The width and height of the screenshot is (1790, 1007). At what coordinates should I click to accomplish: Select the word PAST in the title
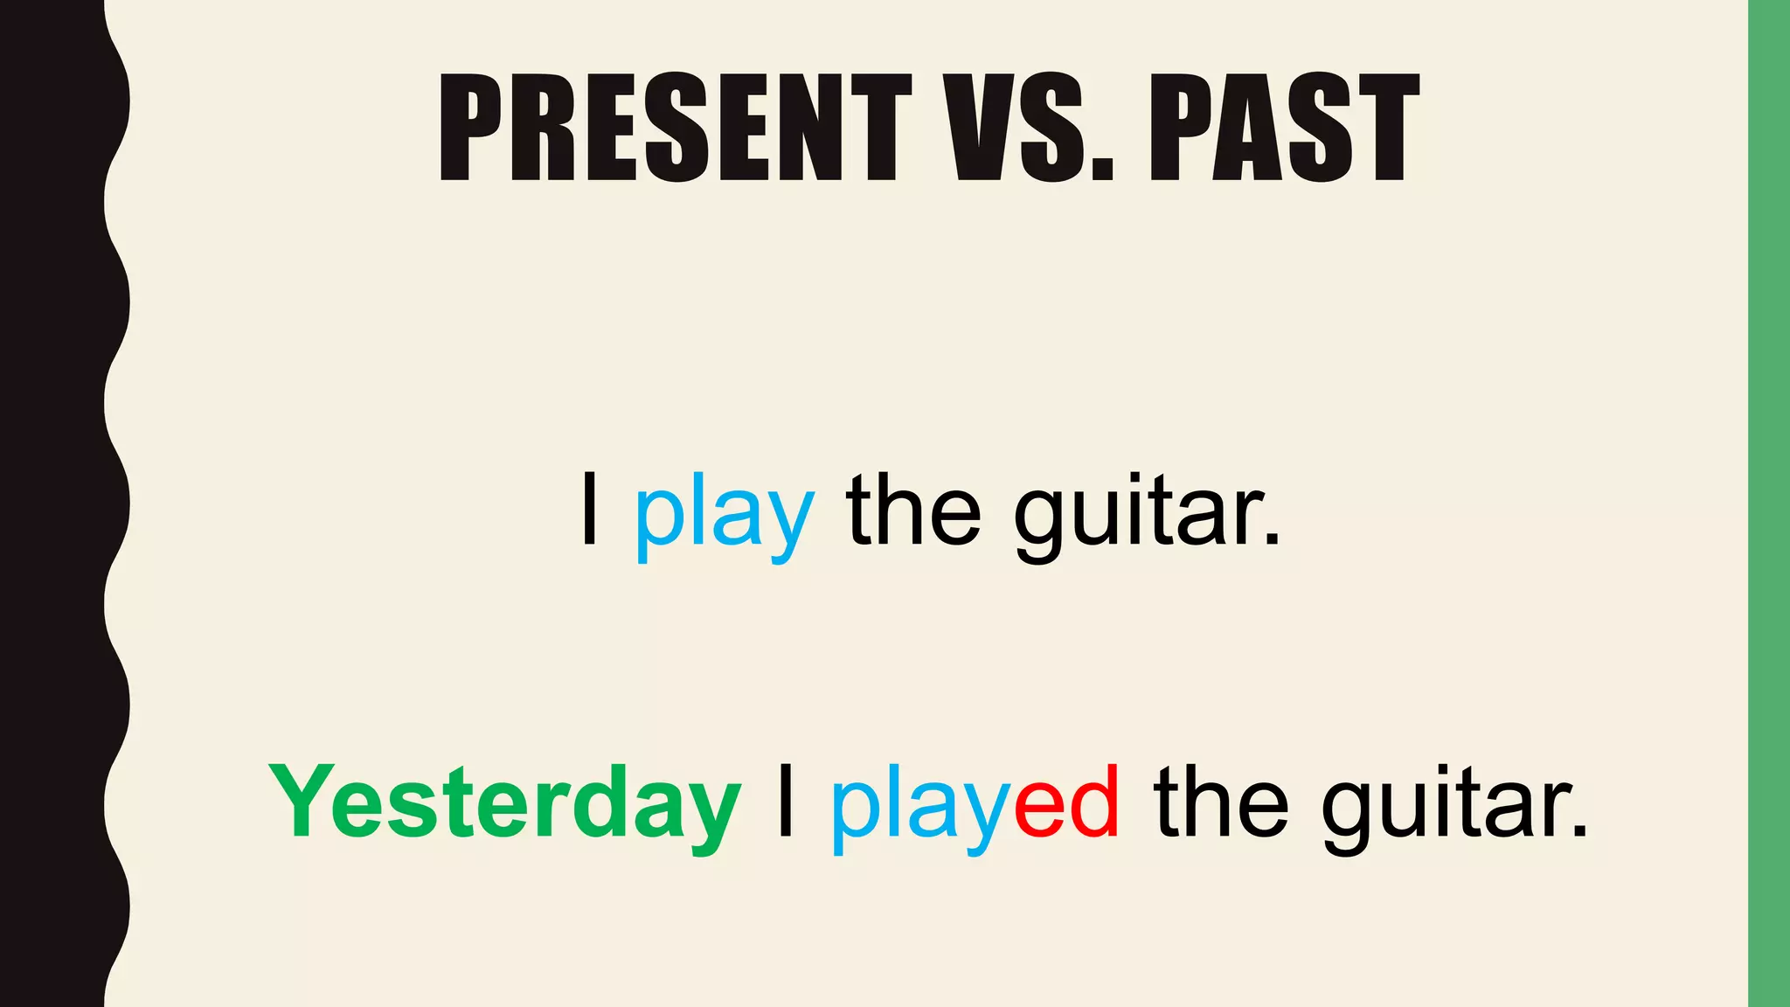point(1284,128)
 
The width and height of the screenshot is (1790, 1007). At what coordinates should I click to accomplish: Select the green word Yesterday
point(505,802)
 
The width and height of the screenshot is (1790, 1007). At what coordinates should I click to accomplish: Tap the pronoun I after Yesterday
point(785,801)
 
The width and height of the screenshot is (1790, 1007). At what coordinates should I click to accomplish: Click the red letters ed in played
point(1067,801)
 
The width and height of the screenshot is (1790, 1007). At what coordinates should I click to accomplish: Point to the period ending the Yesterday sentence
point(1578,831)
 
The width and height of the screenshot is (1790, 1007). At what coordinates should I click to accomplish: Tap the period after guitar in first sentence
point(1272,540)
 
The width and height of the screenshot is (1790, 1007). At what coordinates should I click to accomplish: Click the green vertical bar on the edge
point(1769,503)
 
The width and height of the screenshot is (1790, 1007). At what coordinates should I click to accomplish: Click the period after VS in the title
point(1103,170)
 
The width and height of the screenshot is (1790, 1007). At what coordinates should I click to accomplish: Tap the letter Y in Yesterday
point(300,801)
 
